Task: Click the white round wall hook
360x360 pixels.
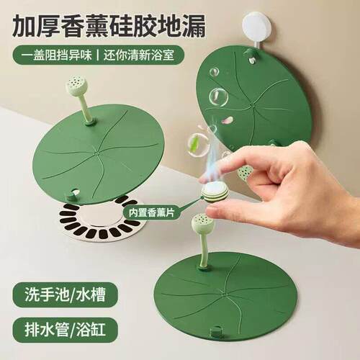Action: [x=256, y=24]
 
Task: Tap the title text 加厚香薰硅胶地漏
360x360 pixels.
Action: [x=109, y=26]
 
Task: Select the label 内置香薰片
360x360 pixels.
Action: [x=151, y=212]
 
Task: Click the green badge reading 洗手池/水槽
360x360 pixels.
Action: [x=65, y=295]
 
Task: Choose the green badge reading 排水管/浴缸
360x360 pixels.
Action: [x=65, y=330]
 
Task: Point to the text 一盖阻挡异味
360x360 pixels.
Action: [x=57, y=55]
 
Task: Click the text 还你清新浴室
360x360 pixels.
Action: [x=139, y=55]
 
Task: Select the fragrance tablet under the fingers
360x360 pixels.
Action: [x=215, y=192]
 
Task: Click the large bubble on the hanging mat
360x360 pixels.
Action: [x=218, y=97]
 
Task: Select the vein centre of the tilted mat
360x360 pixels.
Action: [x=96, y=152]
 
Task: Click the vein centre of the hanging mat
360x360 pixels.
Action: [x=251, y=105]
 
